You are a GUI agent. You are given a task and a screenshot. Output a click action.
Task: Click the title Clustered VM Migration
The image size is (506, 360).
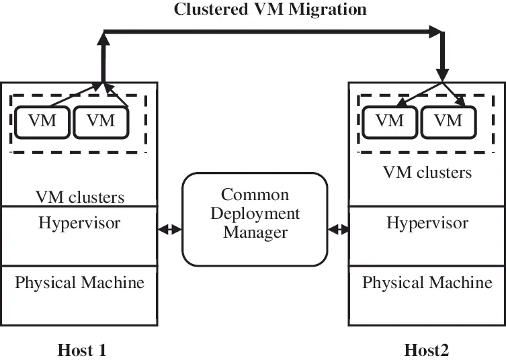click(x=270, y=9)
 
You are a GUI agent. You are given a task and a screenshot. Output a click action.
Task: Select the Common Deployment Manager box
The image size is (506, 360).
click(x=255, y=219)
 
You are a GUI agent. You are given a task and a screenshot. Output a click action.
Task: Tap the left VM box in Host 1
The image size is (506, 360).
click(x=42, y=122)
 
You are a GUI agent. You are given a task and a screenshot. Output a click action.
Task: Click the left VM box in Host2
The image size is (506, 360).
click(x=389, y=122)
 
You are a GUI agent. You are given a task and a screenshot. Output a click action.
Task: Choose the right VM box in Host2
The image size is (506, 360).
click(x=448, y=122)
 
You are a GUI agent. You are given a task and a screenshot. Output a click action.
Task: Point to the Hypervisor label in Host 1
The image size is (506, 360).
click(x=79, y=222)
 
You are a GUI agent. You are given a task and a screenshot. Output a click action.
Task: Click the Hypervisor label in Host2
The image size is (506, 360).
click(x=427, y=222)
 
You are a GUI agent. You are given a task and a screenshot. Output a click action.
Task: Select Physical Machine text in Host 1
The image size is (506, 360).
click(x=79, y=282)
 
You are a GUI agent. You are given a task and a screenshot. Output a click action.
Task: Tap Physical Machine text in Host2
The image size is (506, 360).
click(x=427, y=282)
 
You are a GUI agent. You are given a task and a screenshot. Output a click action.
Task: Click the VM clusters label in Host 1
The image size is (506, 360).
click(x=79, y=197)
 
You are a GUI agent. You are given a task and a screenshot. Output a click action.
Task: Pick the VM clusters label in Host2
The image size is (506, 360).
click(x=427, y=173)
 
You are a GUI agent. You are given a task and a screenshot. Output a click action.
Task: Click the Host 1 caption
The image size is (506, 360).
click(x=82, y=349)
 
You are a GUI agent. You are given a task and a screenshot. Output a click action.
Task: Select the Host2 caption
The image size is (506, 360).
click(x=427, y=349)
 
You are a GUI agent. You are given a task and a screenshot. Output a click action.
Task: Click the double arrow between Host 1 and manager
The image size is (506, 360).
click(x=170, y=229)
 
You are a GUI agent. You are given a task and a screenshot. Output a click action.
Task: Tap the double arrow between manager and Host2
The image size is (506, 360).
click(x=338, y=229)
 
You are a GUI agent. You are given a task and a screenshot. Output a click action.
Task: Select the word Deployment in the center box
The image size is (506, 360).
click(x=255, y=214)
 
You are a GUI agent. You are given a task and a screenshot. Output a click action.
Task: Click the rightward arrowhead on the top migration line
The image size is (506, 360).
click(x=437, y=30)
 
